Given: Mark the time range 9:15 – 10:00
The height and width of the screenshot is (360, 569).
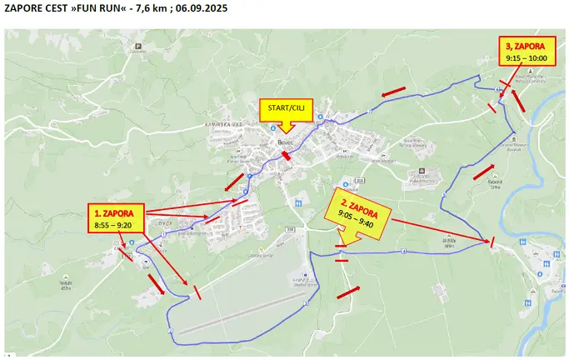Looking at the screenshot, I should click(527, 58).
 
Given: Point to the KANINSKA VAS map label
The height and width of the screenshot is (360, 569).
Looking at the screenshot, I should click(223, 125).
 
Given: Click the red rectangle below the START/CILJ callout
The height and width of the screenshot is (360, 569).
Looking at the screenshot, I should click(287, 155).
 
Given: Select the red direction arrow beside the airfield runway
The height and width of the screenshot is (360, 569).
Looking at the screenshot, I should click(156, 282).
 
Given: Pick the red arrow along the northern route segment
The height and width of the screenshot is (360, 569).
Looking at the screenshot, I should click(393, 90).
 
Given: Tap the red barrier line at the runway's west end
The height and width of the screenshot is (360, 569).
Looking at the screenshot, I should click(197, 292).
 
